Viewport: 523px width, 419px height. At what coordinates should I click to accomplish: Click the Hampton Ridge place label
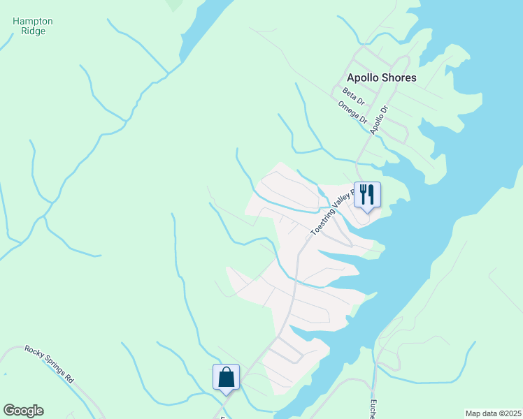point(33,26)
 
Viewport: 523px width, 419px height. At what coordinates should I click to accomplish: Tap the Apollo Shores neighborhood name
point(382,78)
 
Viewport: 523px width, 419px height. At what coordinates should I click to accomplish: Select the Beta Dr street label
point(354,96)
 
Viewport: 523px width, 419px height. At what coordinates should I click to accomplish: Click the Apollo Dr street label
point(379,119)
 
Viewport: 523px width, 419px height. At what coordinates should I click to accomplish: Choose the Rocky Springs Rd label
point(49,364)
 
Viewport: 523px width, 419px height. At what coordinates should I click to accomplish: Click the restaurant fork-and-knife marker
point(367,194)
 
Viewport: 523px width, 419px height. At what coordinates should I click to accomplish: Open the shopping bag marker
point(226,377)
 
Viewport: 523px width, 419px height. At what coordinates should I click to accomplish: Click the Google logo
point(23,411)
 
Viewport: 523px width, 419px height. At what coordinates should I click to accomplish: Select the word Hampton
point(33,21)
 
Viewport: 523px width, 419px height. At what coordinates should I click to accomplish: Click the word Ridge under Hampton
point(33,31)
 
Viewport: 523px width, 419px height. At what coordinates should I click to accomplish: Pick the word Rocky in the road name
point(34,353)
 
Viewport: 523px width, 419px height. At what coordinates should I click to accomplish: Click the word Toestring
point(322,223)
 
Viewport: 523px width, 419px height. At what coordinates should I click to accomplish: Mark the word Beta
point(350,94)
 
